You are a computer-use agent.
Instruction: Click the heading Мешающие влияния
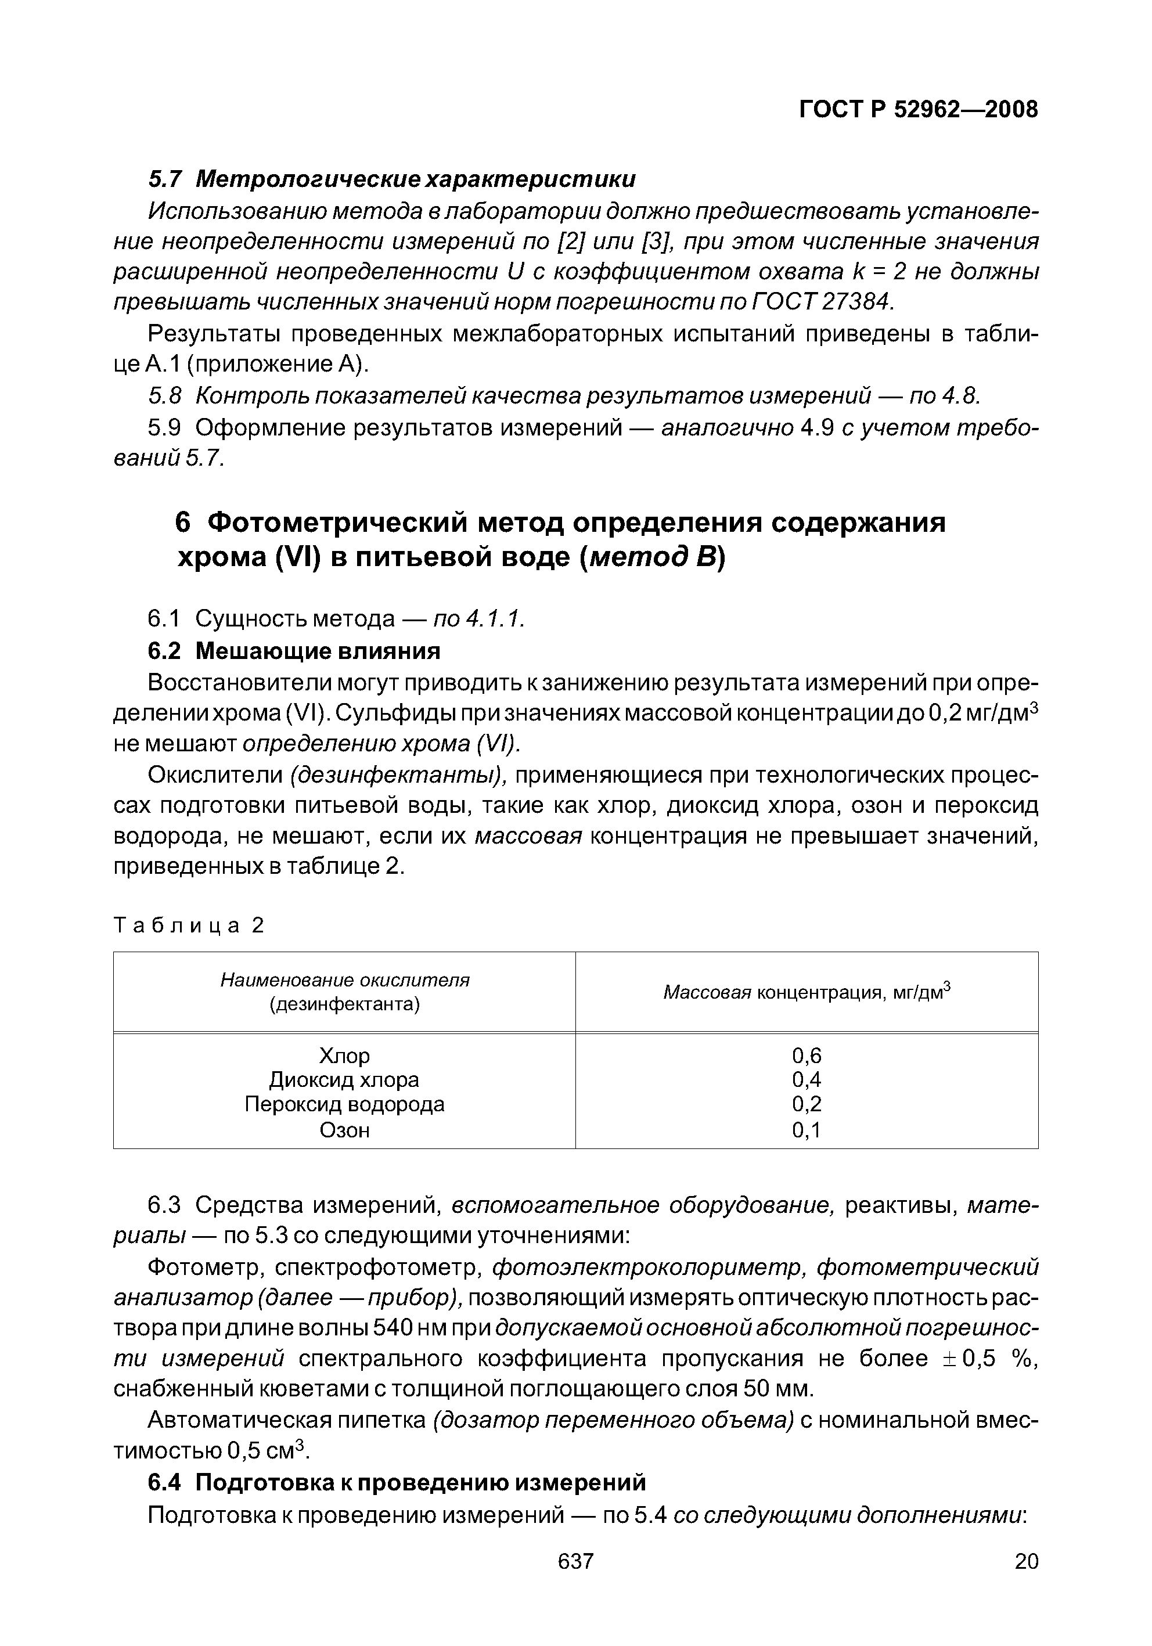[318, 651]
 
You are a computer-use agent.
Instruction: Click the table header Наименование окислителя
[344, 979]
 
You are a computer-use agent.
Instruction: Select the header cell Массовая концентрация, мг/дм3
[806, 992]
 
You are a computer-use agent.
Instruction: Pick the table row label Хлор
[344, 1056]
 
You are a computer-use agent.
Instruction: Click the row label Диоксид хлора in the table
[344, 1080]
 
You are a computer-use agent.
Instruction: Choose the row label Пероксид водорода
[344, 1104]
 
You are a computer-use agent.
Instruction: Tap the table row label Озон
[344, 1130]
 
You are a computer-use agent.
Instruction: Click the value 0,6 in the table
[807, 1056]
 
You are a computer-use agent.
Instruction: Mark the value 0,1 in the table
[807, 1130]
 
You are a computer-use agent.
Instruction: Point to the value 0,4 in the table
[807, 1080]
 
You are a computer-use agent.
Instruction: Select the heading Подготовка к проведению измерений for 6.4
[421, 1482]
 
